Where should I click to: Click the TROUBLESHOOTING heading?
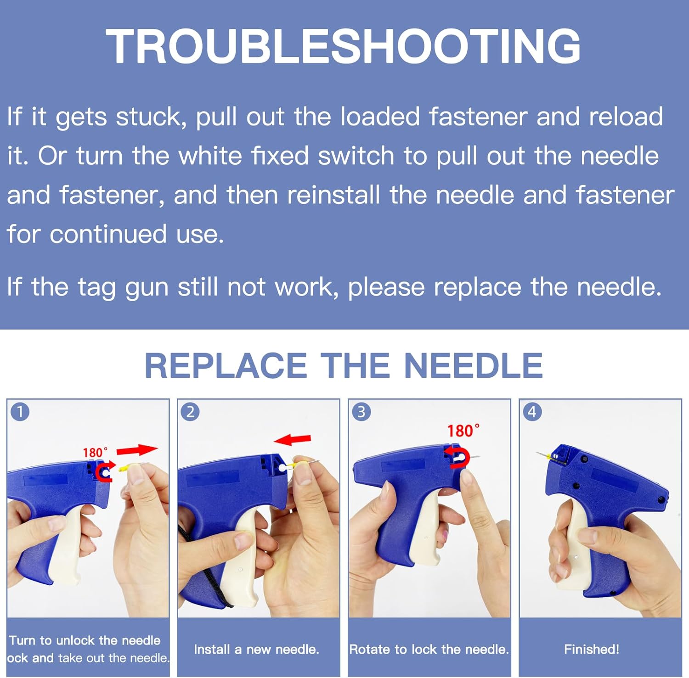click(x=343, y=46)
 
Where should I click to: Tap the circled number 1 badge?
click(x=20, y=412)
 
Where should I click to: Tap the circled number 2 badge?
click(x=190, y=412)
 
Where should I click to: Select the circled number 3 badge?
click(x=361, y=412)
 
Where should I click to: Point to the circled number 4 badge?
click(x=532, y=412)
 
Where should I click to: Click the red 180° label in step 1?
click(x=95, y=453)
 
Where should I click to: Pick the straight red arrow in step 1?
click(x=137, y=450)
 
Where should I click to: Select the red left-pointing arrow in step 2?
click(x=292, y=440)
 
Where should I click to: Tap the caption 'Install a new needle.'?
click(x=256, y=649)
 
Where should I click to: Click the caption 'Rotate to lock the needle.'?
click(x=429, y=649)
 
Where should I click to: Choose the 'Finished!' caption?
click(x=591, y=649)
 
